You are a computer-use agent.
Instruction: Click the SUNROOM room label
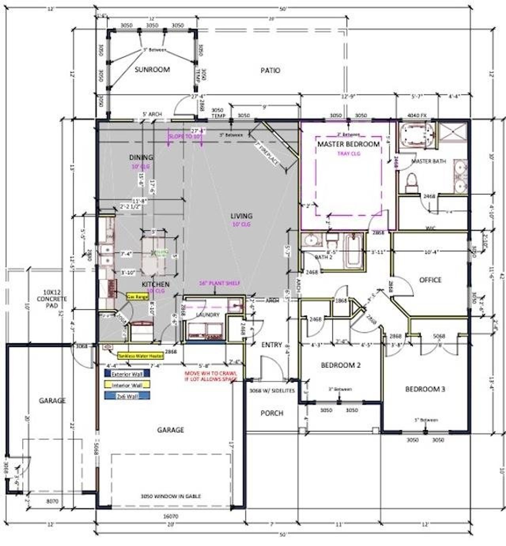tap(152, 70)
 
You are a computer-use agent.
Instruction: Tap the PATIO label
tap(270, 70)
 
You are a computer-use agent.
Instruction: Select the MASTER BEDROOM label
tap(348, 144)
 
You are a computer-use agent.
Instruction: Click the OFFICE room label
tap(430, 280)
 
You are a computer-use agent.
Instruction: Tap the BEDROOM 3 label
tap(425, 389)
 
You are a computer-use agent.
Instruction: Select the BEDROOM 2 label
tap(340, 365)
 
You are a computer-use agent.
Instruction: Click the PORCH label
tap(272, 413)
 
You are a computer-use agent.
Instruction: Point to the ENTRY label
tap(272, 345)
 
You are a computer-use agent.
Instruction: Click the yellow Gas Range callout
tap(137, 296)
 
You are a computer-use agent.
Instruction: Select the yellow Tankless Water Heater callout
tap(140, 356)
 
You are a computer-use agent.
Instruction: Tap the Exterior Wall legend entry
tap(127, 373)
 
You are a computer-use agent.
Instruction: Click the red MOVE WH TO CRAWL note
tap(211, 376)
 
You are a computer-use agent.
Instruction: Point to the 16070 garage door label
tap(171, 516)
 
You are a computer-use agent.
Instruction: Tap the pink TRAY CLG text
tap(349, 153)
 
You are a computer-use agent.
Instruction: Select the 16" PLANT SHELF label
tap(219, 283)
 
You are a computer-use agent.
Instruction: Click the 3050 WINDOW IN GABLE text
tap(171, 496)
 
